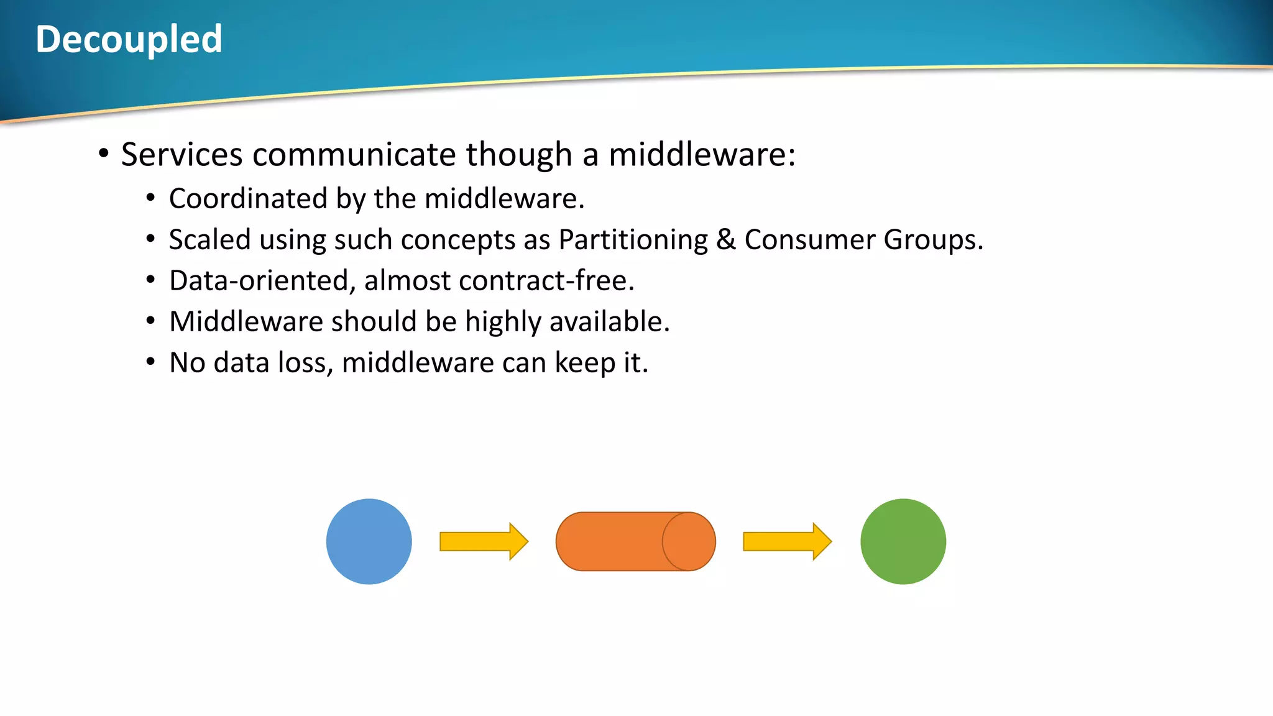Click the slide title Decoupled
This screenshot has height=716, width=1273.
coord(129,39)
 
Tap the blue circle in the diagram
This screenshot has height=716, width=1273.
coord(369,541)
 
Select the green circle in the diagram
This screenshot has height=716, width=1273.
coord(903,541)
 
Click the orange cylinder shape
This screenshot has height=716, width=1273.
coord(635,541)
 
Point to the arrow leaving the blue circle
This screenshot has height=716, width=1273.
coord(483,541)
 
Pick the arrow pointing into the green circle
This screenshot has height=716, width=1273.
coord(786,541)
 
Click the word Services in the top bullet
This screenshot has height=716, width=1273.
coord(182,154)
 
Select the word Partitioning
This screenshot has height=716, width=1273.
coord(633,240)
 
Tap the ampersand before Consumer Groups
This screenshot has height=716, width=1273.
coord(725,240)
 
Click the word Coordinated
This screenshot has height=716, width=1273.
coord(248,199)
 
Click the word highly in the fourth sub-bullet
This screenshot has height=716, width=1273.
coord(503,322)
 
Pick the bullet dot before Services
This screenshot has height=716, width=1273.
coord(104,153)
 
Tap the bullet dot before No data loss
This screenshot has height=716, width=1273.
coord(150,361)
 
